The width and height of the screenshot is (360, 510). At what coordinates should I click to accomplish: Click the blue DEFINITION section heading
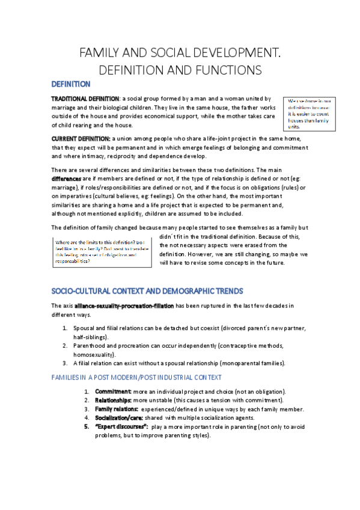[70, 84]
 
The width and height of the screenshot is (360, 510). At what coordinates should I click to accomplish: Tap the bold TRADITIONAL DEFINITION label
[85, 99]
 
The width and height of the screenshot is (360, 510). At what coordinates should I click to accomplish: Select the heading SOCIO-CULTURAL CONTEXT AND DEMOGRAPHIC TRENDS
[147, 291]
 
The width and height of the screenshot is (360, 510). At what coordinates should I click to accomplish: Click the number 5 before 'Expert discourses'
[87, 426]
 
